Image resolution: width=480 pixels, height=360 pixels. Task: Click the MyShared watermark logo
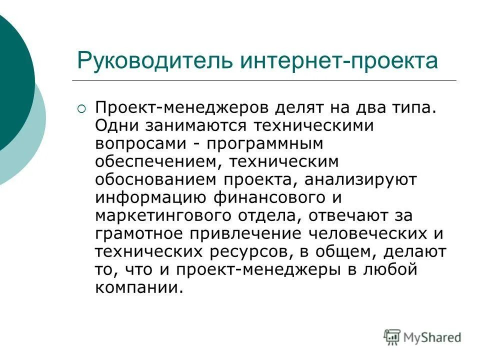422,336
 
